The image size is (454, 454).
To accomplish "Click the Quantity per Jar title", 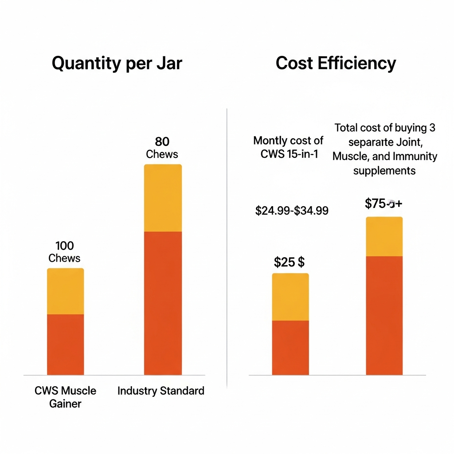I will pyautogui.click(x=117, y=63).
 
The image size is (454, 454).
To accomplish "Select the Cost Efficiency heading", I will pyautogui.click(x=336, y=63).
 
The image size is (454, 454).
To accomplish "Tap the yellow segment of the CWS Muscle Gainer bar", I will pyautogui.click(x=65, y=291).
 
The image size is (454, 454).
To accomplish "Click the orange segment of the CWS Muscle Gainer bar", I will pyautogui.click(x=65, y=344).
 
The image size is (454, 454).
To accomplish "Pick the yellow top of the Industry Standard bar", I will pyautogui.click(x=163, y=198).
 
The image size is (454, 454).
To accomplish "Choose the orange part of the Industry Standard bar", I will pyautogui.click(x=163, y=303).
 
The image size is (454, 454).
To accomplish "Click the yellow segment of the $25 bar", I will pyautogui.click(x=290, y=297).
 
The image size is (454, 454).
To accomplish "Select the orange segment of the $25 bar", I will pyautogui.click(x=290, y=348).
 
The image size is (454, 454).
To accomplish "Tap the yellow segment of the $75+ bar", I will pyautogui.click(x=384, y=236).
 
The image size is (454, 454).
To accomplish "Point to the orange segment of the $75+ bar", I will pyautogui.click(x=384, y=315).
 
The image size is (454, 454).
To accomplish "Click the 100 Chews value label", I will pyautogui.click(x=64, y=252).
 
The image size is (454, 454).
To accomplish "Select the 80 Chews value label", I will pyautogui.click(x=162, y=148).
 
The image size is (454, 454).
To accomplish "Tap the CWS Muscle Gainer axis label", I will pyautogui.click(x=65, y=397).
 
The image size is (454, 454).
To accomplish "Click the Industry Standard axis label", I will pyautogui.click(x=161, y=391).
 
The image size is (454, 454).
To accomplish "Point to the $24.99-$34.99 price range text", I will pyautogui.click(x=292, y=211).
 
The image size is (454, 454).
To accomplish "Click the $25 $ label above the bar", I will pyautogui.click(x=289, y=262).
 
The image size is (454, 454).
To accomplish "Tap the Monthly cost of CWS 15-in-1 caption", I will pyautogui.click(x=288, y=147).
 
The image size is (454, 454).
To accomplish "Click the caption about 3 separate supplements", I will pyautogui.click(x=384, y=149).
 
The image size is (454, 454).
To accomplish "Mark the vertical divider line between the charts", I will pyautogui.click(x=227, y=248).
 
